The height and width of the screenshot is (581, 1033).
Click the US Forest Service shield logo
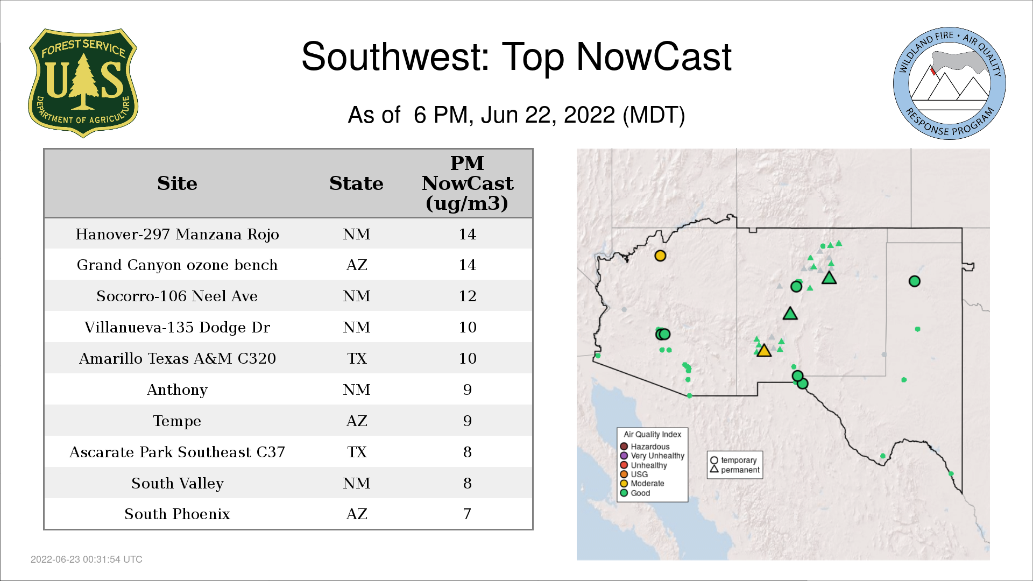point(83,83)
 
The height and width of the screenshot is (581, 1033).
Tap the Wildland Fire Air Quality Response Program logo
point(950,83)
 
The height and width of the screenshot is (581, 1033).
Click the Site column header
point(177,183)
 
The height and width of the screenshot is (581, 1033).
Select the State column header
point(356,183)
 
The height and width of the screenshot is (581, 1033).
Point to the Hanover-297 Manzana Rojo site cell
point(177,235)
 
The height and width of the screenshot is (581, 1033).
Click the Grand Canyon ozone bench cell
point(177,265)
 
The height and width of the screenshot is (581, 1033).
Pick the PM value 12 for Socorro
point(467,296)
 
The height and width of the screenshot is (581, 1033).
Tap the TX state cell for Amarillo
point(357,359)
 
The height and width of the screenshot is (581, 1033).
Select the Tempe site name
point(177,421)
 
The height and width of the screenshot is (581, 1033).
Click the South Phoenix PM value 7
point(467,514)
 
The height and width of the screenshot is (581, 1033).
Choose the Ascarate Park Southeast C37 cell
point(177,452)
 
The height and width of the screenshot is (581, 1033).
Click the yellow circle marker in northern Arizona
point(660,256)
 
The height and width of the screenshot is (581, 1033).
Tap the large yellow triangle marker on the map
point(763,351)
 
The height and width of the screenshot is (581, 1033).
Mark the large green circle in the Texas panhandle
point(914,281)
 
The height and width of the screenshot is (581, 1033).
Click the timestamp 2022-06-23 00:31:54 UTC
point(87,559)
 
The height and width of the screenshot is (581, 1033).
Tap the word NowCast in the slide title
point(654,57)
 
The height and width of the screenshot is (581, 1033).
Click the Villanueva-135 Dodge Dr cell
point(177,328)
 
